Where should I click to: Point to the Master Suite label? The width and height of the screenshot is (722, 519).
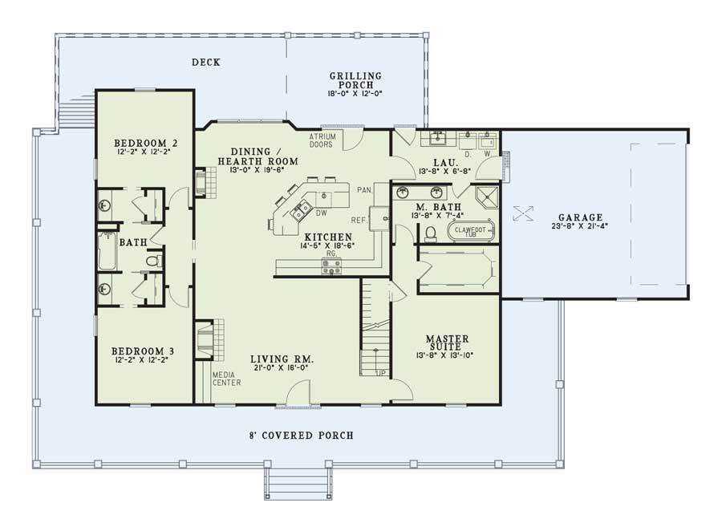[x=447, y=339]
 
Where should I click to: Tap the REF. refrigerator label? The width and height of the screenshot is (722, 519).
[x=359, y=219]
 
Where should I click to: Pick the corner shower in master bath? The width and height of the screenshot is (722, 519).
[x=485, y=197]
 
